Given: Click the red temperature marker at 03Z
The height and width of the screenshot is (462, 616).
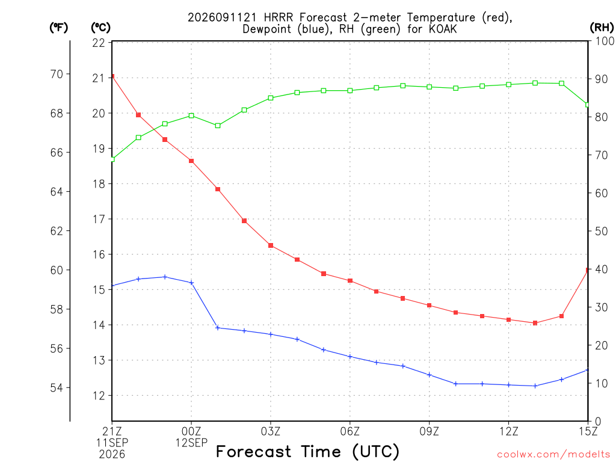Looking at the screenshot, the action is tap(271, 245).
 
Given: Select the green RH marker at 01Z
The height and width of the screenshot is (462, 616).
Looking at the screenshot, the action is tap(218, 126).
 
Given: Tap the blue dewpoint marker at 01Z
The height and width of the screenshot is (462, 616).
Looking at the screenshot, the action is tap(218, 328).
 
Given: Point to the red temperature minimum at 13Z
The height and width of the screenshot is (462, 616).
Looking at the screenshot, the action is tap(535, 323).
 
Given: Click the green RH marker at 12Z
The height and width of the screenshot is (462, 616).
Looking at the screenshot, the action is tap(509, 84).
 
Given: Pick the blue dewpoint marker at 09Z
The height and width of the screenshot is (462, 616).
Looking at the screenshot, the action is tap(430, 375).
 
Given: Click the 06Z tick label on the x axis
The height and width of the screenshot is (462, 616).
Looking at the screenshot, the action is tap(350, 431).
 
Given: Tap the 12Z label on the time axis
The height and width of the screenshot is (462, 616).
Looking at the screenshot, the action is tap(509, 431).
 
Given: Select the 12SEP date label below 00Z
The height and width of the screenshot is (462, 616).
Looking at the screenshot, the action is tap(191, 443).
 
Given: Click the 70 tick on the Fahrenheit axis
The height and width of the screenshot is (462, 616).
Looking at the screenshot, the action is tap(57, 74).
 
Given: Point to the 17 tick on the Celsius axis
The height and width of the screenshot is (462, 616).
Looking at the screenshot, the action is tap(99, 219).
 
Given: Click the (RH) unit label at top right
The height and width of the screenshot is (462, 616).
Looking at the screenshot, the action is tap(602, 28).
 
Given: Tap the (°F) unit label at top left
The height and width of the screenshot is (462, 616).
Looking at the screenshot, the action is tap(58, 28).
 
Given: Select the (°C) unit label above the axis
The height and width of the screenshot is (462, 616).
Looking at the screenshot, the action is tap(101, 28).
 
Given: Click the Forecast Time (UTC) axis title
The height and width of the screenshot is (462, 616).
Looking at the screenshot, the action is tap(307, 451).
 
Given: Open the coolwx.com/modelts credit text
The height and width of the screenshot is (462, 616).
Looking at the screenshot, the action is tap(553, 455).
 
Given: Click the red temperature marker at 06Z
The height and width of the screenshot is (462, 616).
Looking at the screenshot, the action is tap(350, 281).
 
